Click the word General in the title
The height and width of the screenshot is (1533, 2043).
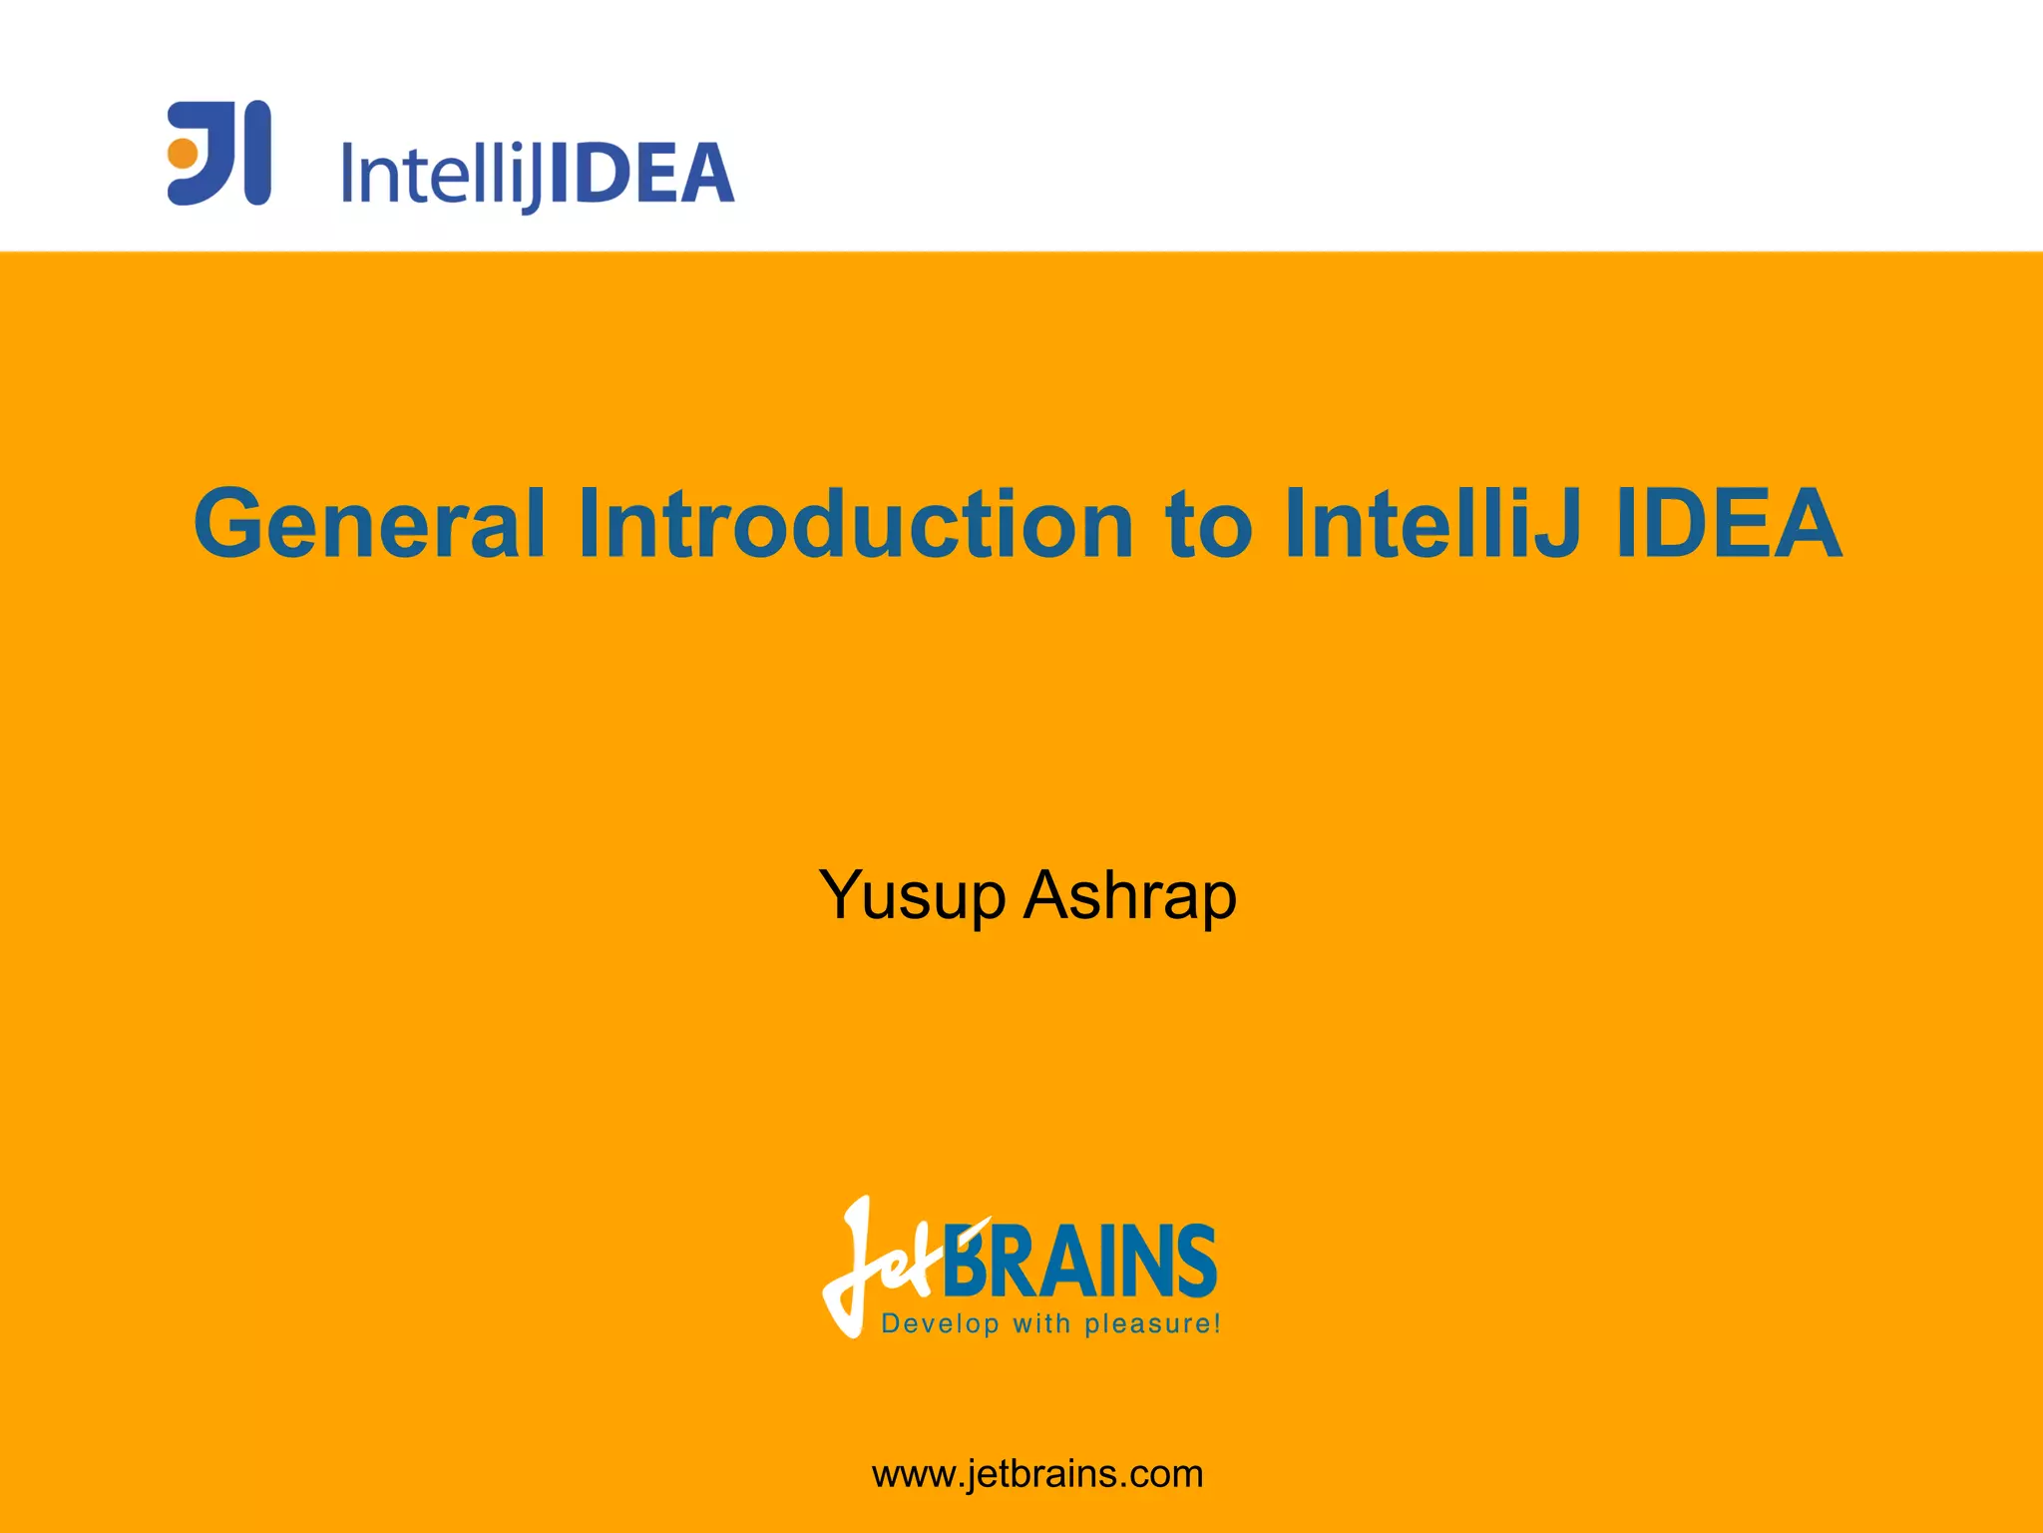tap(370, 523)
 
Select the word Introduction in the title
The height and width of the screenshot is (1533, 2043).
tap(856, 523)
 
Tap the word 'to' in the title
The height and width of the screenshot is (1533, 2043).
tap(1208, 525)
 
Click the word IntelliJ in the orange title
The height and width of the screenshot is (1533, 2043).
tap(1432, 523)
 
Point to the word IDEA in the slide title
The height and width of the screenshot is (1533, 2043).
tap(1728, 523)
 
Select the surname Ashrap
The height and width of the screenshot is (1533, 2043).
tap(1130, 895)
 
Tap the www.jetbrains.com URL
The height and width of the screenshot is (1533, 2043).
tap(1037, 1473)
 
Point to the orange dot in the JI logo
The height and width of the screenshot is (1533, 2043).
tap(183, 154)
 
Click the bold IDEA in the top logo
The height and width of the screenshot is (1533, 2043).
tap(642, 174)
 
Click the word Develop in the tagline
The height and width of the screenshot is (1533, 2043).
tap(940, 1324)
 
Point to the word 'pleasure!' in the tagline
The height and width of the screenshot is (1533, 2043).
tap(1152, 1324)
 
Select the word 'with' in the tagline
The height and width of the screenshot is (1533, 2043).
tap(1041, 1324)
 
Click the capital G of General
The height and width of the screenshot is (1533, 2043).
tap(231, 523)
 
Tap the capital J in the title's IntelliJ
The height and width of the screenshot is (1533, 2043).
tap(1555, 523)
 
